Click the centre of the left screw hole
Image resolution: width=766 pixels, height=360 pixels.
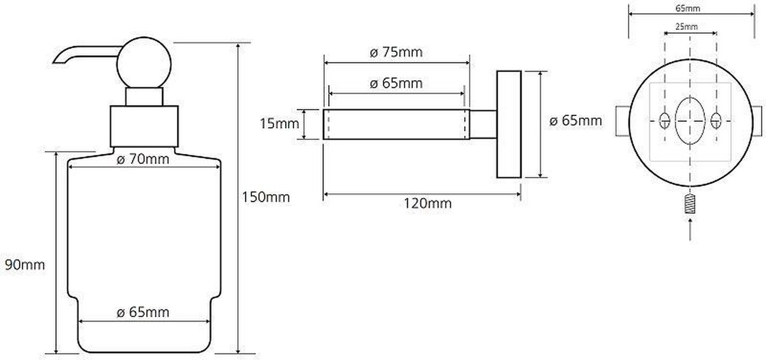(x=664, y=121)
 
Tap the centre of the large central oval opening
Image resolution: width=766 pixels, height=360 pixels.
(x=690, y=121)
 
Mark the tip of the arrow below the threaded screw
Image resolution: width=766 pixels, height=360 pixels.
(x=690, y=218)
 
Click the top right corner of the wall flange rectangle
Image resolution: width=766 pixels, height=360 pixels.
(x=521, y=71)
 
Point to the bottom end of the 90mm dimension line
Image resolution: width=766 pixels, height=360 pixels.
(x=56, y=353)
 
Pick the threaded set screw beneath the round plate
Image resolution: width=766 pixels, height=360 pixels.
(x=690, y=204)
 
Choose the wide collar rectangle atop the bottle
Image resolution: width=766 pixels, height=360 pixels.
(x=144, y=126)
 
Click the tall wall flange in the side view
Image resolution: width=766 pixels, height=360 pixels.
(x=509, y=124)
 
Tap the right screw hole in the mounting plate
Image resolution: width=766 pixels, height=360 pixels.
(x=716, y=121)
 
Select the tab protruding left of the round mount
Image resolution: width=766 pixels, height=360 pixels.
(x=622, y=121)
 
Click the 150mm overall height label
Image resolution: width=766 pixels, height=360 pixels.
(x=266, y=197)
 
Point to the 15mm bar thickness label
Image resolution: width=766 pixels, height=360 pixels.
(x=279, y=123)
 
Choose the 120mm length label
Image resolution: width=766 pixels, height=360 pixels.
(x=428, y=203)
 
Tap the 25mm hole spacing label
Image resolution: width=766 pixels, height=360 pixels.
(x=686, y=27)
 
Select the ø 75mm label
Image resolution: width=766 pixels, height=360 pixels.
(x=396, y=52)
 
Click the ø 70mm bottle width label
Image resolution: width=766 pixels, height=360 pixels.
(x=143, y=159)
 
